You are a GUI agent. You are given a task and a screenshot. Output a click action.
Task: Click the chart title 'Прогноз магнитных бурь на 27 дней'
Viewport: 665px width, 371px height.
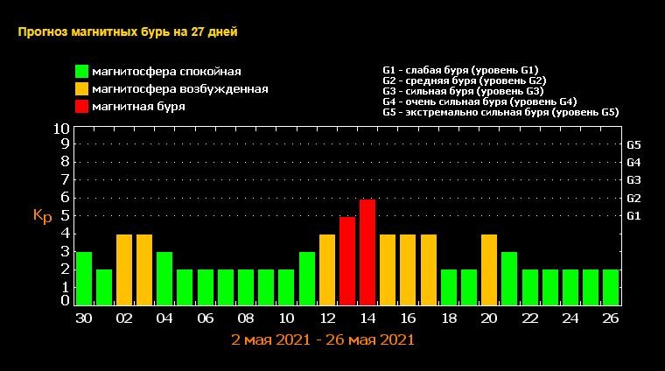tap(128, 32)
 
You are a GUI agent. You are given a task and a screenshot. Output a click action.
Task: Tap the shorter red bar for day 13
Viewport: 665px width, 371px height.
tap(347, 261)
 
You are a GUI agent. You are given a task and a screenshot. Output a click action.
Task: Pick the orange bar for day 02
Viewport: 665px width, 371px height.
tap(124, 269)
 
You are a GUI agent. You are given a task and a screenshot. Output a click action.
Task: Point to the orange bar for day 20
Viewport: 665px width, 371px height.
tap(489, 269)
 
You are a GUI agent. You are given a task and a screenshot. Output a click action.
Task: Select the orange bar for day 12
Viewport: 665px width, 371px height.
tap(327, 269)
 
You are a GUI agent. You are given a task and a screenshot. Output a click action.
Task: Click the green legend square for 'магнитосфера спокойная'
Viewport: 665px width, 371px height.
tap(81, 71)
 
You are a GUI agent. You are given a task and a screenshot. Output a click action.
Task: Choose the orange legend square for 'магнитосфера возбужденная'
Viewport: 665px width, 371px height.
tap(81, 88)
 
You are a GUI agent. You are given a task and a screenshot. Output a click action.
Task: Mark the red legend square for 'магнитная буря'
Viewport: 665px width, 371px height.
tap(81, 106)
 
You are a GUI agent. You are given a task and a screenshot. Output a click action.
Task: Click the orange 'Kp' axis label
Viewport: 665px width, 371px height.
tap(42, 215)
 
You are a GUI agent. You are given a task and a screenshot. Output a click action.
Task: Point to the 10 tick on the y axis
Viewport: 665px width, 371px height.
tap(61, 129)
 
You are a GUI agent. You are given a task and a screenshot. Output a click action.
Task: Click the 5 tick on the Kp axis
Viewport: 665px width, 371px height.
tap(66, 215)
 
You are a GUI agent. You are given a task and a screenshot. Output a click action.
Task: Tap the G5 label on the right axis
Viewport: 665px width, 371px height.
tap(634, 144)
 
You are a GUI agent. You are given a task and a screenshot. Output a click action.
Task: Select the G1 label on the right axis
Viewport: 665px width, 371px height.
tap(634, 215)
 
